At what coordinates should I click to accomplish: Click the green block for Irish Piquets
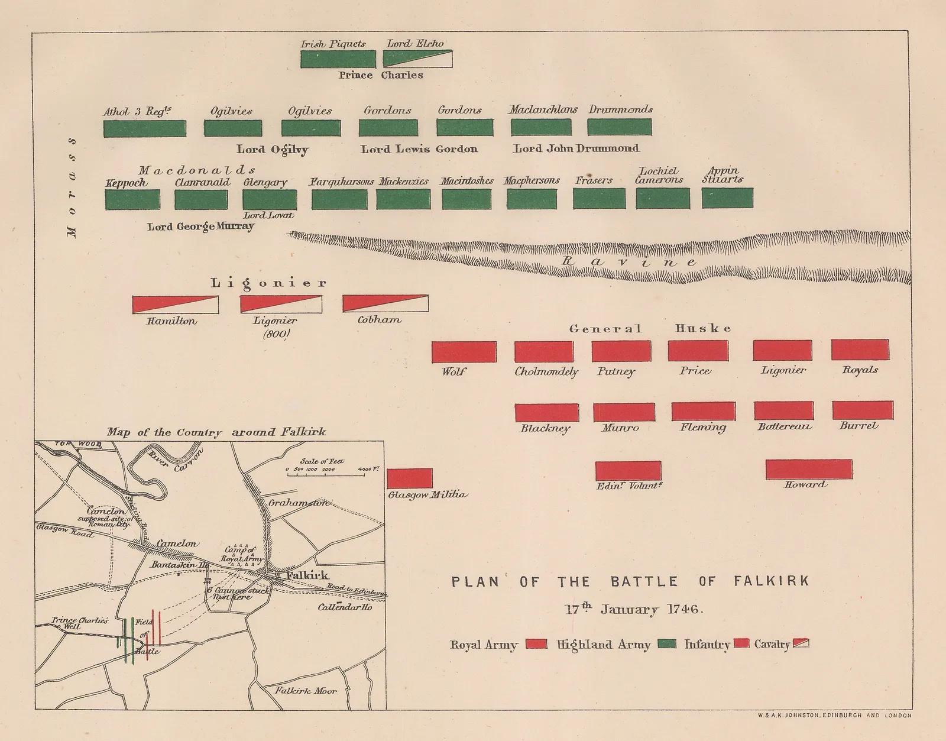(338, 59)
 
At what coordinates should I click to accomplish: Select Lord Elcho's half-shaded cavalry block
(417, 59)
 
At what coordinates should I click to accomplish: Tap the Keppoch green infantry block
(132, 199)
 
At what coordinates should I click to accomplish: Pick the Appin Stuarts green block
(727, 198)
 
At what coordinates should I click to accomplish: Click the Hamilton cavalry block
(175, 305)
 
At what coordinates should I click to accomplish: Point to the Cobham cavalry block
(385, 303)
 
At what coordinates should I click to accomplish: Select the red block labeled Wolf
(464, 352)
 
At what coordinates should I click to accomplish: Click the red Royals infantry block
(860, 350)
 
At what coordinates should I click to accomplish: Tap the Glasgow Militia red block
(409, 478)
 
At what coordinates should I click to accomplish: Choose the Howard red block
(808, 469)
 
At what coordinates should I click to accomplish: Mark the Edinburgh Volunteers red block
(628, 471)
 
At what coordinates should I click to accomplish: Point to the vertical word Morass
(72, 188)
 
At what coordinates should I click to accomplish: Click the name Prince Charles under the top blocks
(380, 76)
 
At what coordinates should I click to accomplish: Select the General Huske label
(650, 329)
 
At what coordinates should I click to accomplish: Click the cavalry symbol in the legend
(801, 644)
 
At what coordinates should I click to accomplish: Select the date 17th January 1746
(630, 610)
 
